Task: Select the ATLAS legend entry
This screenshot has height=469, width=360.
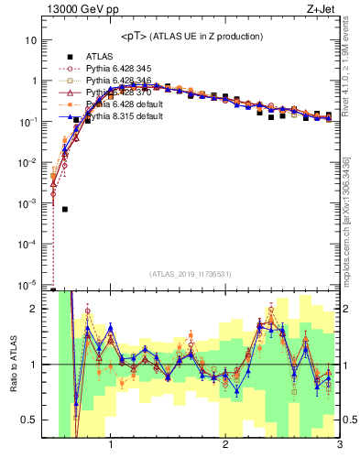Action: click(102, 56)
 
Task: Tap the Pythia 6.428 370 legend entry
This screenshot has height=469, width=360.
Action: click(119, 93)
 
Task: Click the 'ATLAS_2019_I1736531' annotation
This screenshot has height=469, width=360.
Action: click(191, 274)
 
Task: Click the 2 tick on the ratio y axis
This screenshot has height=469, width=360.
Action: click(34, 309)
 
